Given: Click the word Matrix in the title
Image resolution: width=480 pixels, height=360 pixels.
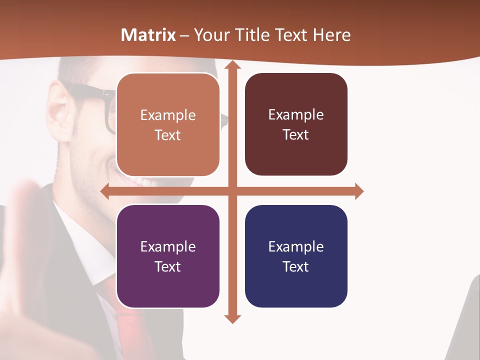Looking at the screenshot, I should (x=148, y=35).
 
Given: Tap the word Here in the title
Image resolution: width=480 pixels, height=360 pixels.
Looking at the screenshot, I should (x=331, y=35).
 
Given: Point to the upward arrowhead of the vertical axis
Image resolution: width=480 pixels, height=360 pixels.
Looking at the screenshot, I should (x=232, y=65).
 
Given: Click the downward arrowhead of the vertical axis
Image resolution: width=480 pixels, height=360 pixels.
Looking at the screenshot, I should (x=232, y=318).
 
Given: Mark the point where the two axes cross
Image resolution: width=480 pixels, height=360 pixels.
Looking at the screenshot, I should (x=232, y=191).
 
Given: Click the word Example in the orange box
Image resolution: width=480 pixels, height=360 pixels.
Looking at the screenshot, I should (x=168, y=115).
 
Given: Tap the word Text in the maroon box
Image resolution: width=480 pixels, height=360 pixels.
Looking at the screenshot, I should (x=296, y=135).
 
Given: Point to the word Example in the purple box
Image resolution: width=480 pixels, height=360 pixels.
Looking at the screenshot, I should (x=168, y=246).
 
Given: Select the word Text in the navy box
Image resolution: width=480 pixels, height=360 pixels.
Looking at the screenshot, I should (x=296, y=266).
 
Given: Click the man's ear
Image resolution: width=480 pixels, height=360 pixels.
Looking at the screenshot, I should (x=59, y=112).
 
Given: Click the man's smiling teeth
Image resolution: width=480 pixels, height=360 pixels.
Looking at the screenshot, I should (x=137, y=181).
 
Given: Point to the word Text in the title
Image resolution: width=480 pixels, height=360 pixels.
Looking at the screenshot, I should (x=291, y=35).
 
